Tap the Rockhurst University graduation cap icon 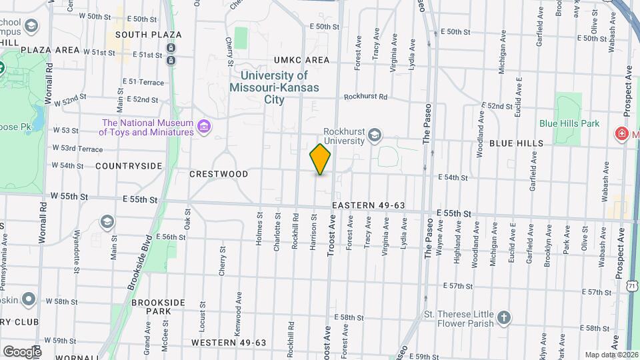[x=374, y=136]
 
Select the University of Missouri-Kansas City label [x=274, y=88]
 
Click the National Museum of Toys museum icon [x=205, y=127]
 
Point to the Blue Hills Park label [x=569, y=123]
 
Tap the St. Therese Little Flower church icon [x=505, y=318]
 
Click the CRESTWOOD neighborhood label [x=219, y=174]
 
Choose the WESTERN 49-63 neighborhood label [x=229, y=343]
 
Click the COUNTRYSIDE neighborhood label [x=129, y=165]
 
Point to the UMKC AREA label [x=301, y=60]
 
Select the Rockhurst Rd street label [x=365, y=97]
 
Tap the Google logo [x=21, y=351]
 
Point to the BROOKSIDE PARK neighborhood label [x=157, y=307]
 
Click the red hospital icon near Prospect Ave [x=622, y=133]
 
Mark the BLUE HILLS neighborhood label [x=516, y=143]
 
